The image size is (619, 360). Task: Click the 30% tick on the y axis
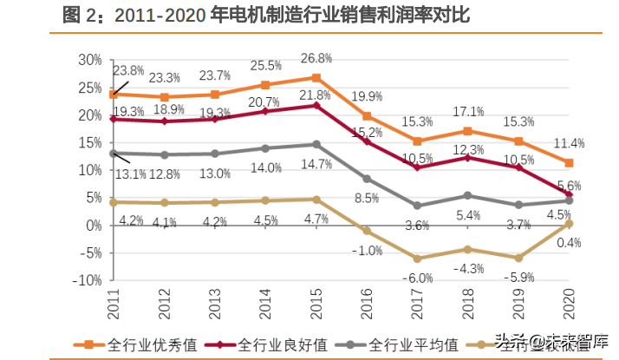tap(89, 60)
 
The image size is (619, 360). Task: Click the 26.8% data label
tap(316, 59)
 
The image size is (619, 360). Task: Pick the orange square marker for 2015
tap(316, 77)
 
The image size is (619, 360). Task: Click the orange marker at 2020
tap(570, 162)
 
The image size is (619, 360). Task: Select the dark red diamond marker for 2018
tap(468, 157)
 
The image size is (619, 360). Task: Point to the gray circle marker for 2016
tap(367, 179)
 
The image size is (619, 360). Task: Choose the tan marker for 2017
tap(418, 259)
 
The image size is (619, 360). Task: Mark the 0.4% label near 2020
tap(569, 242)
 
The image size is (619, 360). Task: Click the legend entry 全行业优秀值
tap(144, 343)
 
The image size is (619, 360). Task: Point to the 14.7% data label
tap(316, 164)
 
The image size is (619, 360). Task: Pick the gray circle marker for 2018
tap(468, 195)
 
